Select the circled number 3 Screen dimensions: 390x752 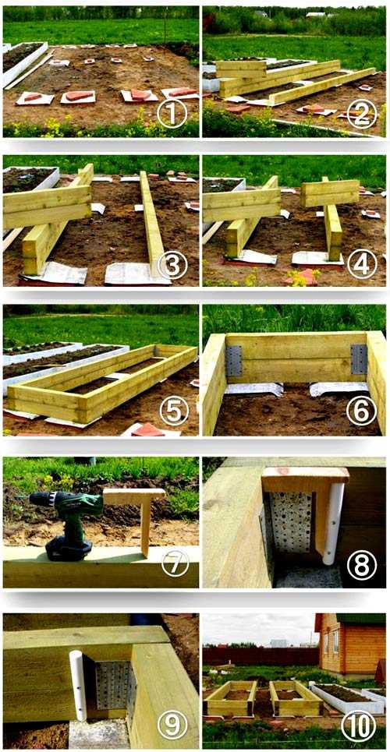click(x=172, y=264)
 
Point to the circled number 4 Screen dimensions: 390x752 click(x=361, y=264)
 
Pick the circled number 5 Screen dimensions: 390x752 click(x=174, y=411)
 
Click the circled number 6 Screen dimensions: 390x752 click(x=361, y=411)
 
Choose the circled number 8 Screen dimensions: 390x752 click(x=362, y=565)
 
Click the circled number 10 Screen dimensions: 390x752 click(x=358, y=726)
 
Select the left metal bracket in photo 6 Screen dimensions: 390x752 click(x=234, y=361)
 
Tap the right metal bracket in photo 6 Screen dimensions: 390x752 click(x=359, y=359)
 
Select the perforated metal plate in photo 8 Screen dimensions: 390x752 click(x=289, y=522)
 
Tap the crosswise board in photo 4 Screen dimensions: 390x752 click(x=330, y=192)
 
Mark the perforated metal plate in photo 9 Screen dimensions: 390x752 click(x=113, y=686)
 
